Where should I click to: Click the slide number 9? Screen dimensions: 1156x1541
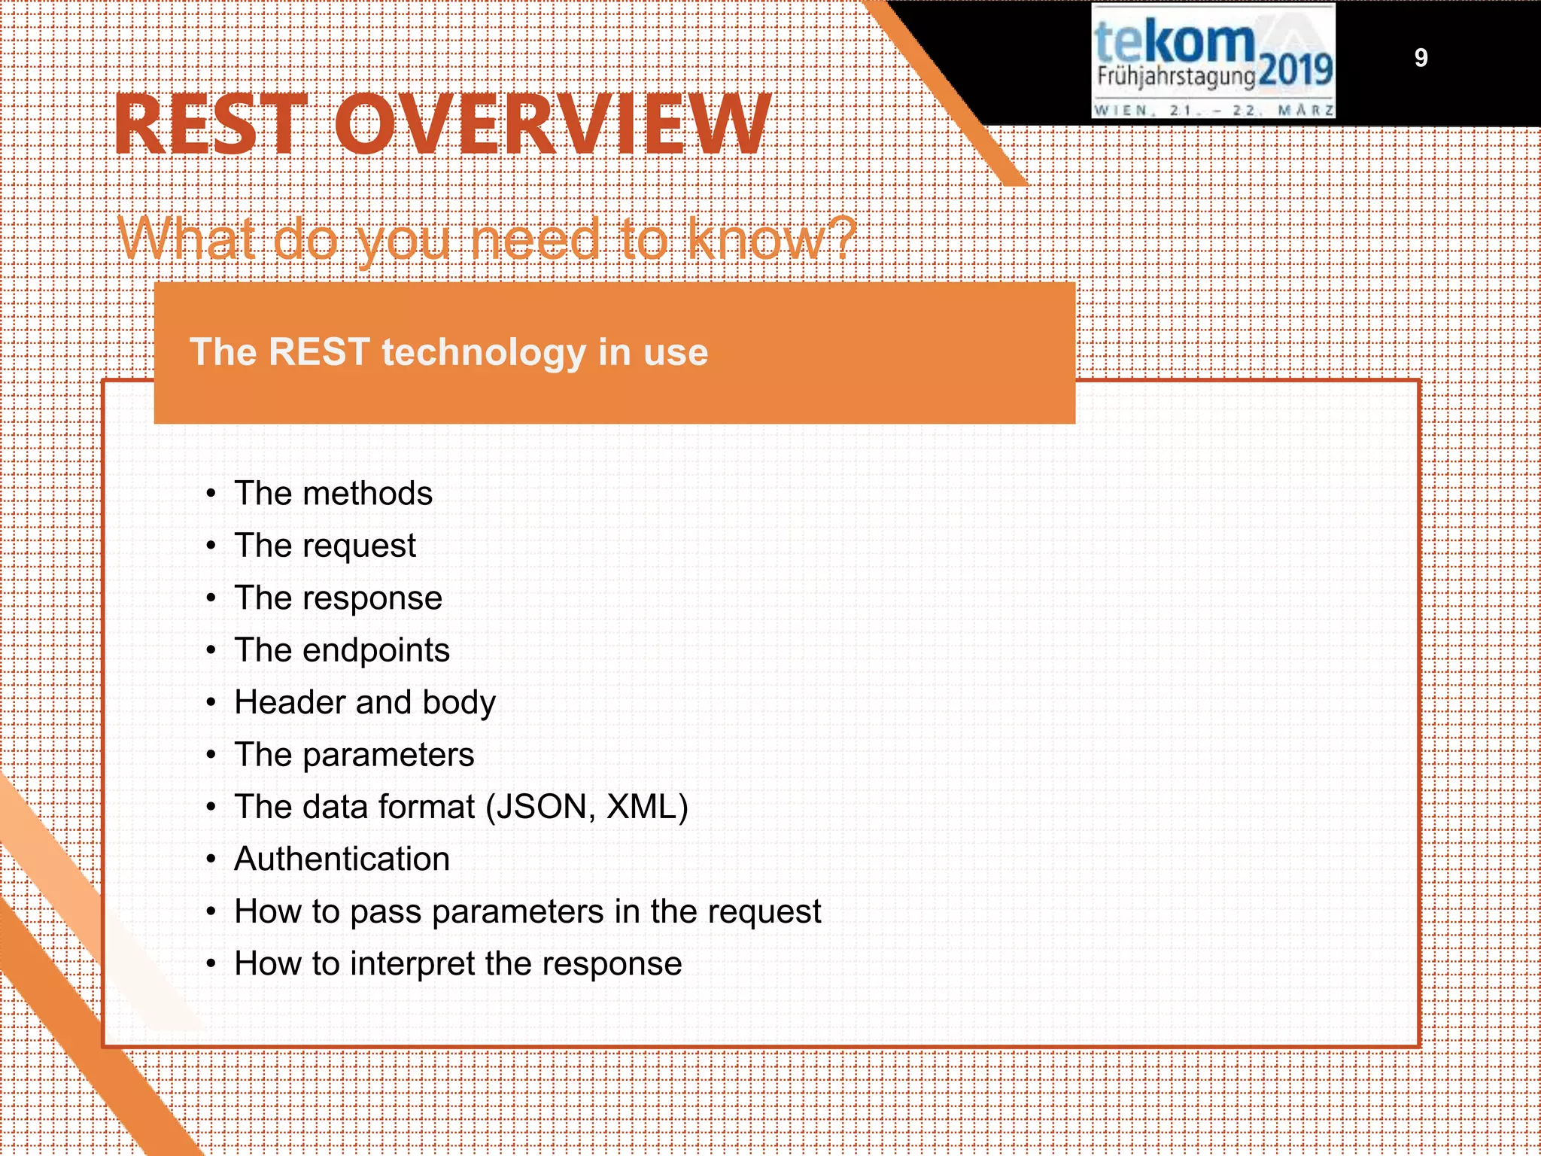1421,58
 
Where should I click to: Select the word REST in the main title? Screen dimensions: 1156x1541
211,125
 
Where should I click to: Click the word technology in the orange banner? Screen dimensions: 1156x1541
484,352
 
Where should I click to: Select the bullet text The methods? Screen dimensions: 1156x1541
333,494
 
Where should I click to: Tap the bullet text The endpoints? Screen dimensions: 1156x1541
342,650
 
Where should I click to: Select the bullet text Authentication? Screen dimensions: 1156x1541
342,859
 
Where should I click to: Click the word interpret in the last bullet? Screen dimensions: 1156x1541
412,964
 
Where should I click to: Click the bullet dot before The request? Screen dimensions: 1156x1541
211,546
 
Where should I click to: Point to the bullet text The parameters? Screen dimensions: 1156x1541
354,755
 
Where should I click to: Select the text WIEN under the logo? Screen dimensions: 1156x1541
1121,110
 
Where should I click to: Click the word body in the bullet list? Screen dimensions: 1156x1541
459,702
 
